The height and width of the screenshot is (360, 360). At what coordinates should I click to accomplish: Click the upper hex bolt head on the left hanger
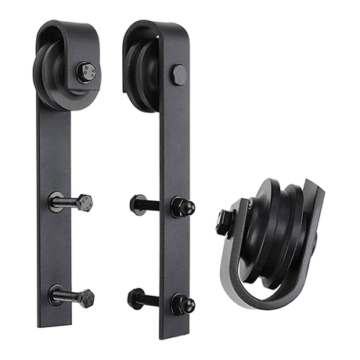86,201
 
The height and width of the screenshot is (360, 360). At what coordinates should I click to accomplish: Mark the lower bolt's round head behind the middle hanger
131,297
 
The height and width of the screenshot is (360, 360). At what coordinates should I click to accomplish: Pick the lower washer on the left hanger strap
56,296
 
